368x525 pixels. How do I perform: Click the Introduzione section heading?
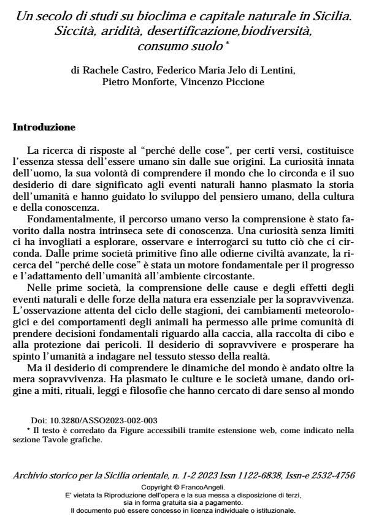point(44,128)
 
